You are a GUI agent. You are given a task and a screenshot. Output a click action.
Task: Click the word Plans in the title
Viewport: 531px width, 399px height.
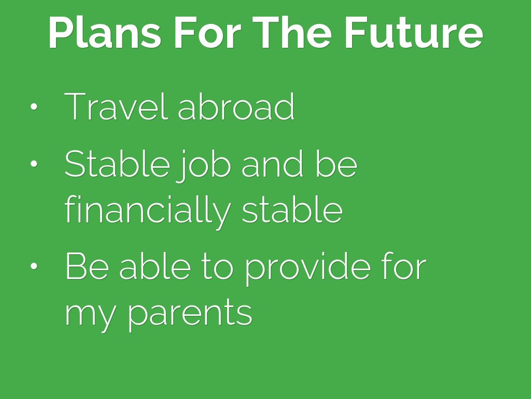[x=105, y=33]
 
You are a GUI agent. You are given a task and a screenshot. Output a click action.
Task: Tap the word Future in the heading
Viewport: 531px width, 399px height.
[x=414, y=33]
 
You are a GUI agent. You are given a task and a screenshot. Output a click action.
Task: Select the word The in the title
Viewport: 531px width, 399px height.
[x=291, y=33]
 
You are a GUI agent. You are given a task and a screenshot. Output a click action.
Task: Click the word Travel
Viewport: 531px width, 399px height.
[x=116, y=107]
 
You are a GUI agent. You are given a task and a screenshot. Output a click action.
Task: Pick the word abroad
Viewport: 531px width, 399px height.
[x=236, y=107]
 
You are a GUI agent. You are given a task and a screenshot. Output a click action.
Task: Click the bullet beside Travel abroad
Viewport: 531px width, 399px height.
[x=34, y=107]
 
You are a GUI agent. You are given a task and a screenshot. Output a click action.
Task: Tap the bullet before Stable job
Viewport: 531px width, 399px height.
[x=34, y=164]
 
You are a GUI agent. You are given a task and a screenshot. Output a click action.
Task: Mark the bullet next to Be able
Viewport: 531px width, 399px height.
[x=34, y=267]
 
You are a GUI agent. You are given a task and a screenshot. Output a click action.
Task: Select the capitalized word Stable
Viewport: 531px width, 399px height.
[x=117, y=164]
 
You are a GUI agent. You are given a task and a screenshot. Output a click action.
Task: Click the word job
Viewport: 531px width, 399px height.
[x=203, y=166]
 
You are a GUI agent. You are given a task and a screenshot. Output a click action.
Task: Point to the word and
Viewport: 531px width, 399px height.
[x=272, y=164]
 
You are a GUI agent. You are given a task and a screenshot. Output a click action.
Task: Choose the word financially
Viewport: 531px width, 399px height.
[x=148, y=211]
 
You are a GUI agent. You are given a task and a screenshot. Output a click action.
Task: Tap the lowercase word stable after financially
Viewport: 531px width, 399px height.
[x=292, y=210]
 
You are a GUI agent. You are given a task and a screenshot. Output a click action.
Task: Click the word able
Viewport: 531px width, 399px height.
[x=155, y=267]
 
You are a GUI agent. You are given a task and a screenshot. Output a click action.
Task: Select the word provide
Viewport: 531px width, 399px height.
[x=308, y=270]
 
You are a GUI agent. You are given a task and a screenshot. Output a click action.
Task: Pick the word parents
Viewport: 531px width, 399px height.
[x=190, y=315]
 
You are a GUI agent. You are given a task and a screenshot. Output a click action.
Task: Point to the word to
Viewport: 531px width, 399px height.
[x=218, y=268]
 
